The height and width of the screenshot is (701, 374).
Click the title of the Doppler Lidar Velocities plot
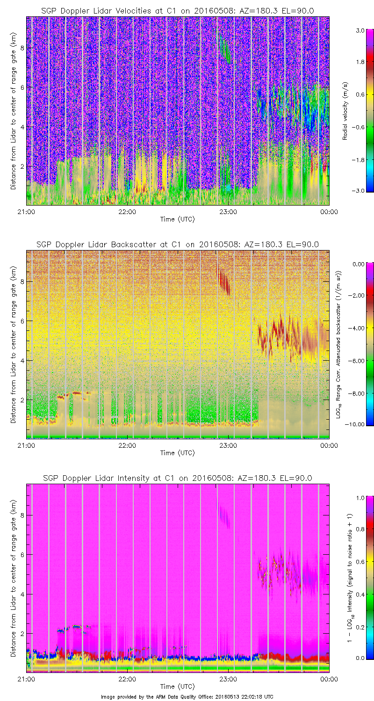178,10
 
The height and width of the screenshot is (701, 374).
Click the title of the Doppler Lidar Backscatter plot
178,244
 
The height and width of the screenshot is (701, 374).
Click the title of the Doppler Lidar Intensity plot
178,478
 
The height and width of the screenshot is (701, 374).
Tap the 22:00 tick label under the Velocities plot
127,212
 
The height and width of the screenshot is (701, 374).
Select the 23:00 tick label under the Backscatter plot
228,445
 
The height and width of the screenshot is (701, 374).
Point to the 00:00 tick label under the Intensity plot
329,679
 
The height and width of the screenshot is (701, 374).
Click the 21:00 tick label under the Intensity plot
26,679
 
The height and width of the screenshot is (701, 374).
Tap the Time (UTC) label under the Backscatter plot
178,453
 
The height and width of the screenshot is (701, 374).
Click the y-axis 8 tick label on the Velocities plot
22,48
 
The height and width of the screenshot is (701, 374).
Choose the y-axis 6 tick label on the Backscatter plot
22,321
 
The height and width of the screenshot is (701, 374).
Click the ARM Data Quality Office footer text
187,696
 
